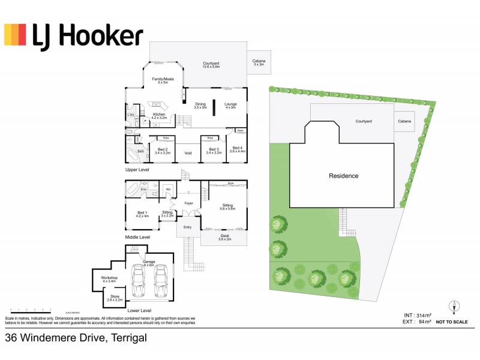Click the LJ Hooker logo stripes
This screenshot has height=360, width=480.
(x=15, y=35)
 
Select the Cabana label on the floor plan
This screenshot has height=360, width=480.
(x=259, y=62)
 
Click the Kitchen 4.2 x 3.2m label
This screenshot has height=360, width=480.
(x=158, y=116)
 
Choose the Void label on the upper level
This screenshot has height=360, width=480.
(x=188, y=153)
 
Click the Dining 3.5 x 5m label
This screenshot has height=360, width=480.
(x=200, y=106)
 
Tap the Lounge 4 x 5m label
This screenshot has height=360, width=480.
(x=231, y=106)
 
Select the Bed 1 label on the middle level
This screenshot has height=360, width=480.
(x=142, y=214)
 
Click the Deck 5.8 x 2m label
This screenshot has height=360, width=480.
(x=225, y=238)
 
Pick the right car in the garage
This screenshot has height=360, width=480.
(x=160, y=281)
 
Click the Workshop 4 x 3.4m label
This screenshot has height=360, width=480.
(x=109, y=280)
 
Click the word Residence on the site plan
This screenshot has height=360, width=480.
(x=343, y=176)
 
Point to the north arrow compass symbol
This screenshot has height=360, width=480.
(x=455, y=307)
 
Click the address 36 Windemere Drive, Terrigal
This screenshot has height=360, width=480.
(x=76, y=338)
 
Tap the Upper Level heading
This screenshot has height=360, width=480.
(x=137, y=170)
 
